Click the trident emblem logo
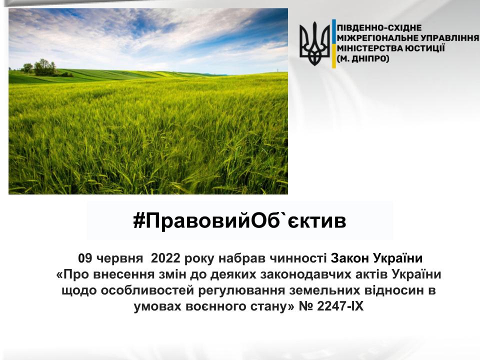coord(314,43)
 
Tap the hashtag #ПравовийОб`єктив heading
coord(239,220)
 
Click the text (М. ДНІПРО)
coord(363,58)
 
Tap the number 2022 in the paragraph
coord(165,258)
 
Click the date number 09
coord(85,258)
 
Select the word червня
coord(119,259)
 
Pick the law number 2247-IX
coord(340,306)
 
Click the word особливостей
coord(147,290)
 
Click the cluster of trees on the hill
coord(43,68)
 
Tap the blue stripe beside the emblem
coord(333,32)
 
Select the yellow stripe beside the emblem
coord(333,56)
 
